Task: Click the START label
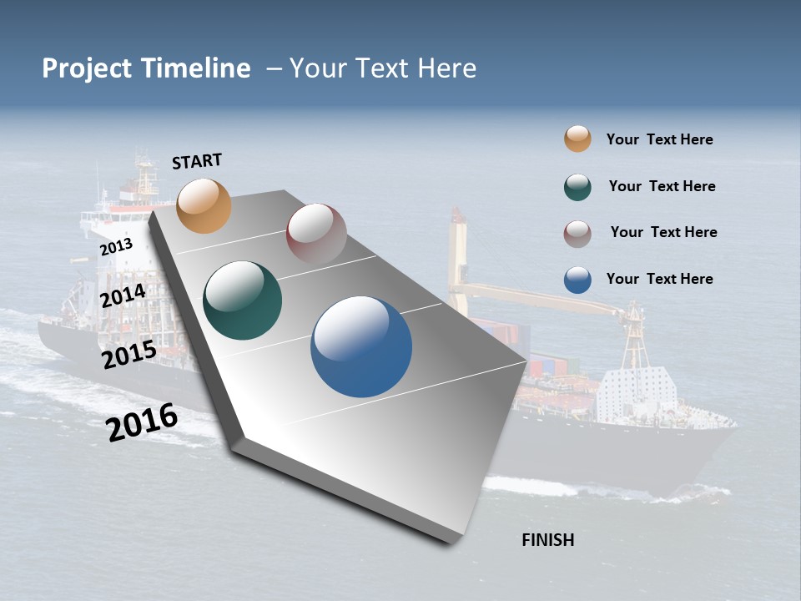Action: click(x=197, y=161)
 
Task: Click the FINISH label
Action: click(x=547, y=540)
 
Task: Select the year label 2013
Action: click(x=116, y=247)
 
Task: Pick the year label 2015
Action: click(x=129, y=355)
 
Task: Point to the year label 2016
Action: click(x=142, y=422)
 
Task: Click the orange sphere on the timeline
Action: click(x=204, y=205)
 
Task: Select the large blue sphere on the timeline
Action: click(x=361, y=346)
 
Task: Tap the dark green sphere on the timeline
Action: click(x=243, y=300)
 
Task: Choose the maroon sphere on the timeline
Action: click(x=316, y=233)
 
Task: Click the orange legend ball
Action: click(x=577, y=139)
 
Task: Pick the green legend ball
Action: click(x=577, y=187)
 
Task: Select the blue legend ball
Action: click(x=577, y=280)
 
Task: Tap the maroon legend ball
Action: click(x=577, y=234)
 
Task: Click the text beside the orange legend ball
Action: click(x=659, y=139)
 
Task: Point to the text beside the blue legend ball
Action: click(x=659, y=279)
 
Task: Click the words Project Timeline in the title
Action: click(x=146, y=68)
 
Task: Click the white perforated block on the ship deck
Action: click(x=637, y=391)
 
